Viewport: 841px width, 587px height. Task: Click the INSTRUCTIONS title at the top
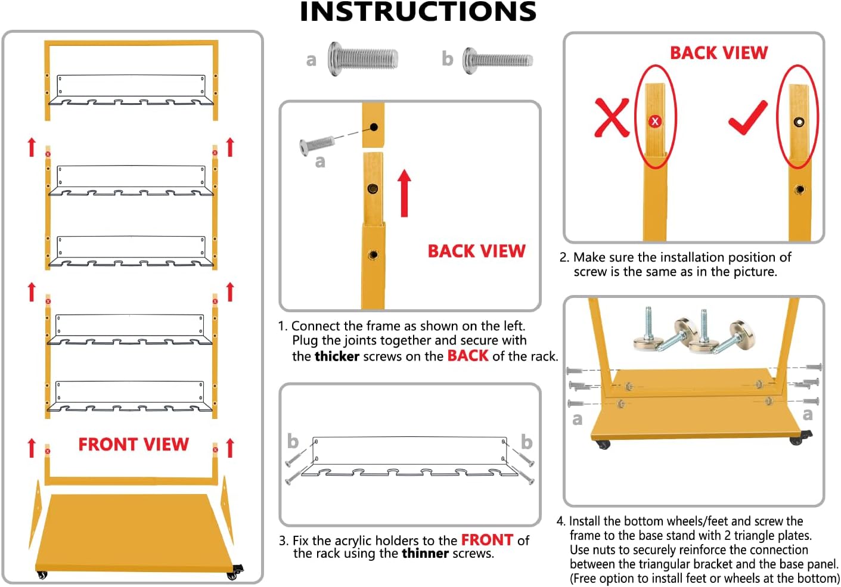(418, 12)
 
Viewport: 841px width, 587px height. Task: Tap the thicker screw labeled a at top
(362, 58)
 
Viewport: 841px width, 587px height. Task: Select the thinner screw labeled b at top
(498, 60)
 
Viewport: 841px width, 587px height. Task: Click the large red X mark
(612, 117)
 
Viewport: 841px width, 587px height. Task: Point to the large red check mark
(748, 117)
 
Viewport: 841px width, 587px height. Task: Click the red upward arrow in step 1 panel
(405, 192)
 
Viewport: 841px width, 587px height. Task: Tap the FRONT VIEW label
(134, 445)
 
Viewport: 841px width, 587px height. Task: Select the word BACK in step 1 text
(468, 356)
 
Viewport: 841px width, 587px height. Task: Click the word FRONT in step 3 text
(487, 540)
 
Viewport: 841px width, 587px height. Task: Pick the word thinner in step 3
(425, 554)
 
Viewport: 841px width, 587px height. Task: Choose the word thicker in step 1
(337, 356)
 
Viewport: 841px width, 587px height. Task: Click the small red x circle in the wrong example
(655, 122)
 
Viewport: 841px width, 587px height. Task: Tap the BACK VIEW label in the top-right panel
(719, 53)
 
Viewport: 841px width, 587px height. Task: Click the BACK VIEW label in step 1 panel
(476, 251)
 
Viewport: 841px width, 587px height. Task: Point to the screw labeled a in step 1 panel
(316, 144)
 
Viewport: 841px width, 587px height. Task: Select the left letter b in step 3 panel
(293, 442)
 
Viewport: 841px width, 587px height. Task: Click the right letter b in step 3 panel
(526, 442)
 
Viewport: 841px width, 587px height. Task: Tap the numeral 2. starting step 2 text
(564, 257)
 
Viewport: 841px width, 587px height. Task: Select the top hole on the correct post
(799, 122)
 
